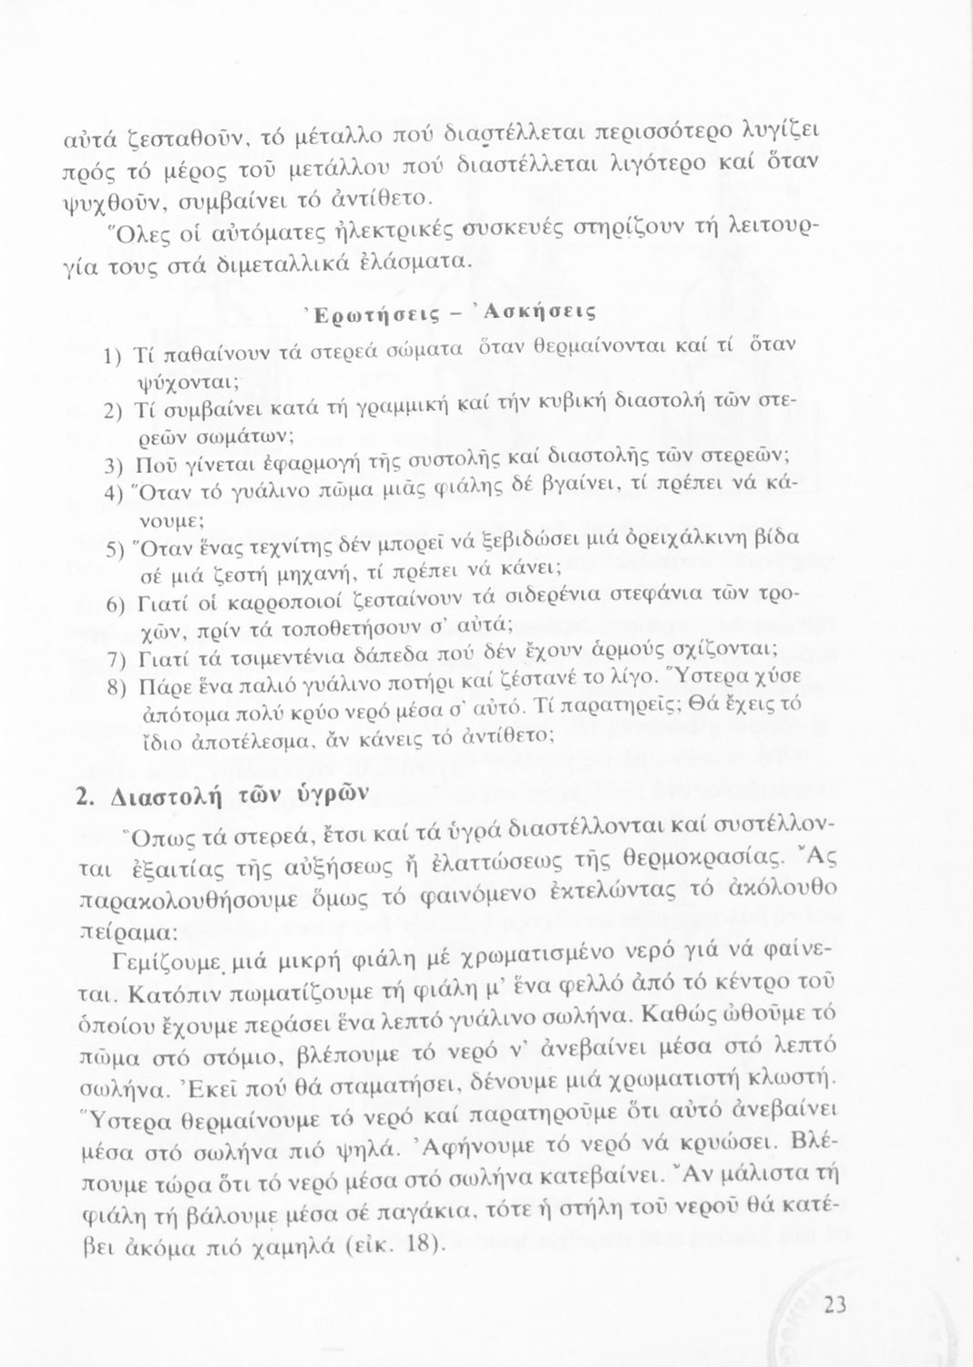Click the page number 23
pos(835,1305)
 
